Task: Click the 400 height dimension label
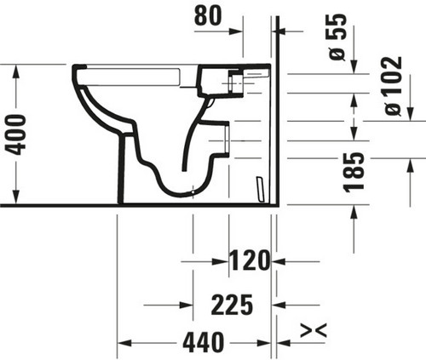pos(16,134)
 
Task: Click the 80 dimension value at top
pos(208,16)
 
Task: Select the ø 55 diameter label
pos(337,37)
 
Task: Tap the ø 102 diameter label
pos(394,86)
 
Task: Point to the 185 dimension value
pos(354,172)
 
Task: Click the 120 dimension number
pos(250,260)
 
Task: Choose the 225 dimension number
pos(232,305)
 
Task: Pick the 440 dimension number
pos(203,342)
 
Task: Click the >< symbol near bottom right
pos(314,330)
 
